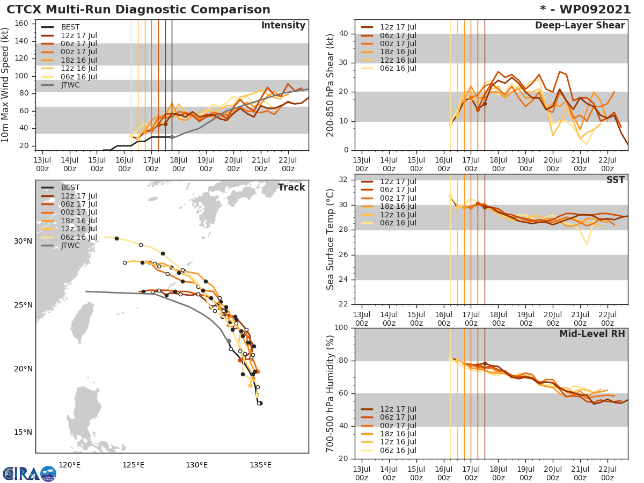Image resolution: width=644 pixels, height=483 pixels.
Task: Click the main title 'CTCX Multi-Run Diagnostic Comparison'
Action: pos(138,10)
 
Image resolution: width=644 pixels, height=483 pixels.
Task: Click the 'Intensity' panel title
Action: pos(283,26)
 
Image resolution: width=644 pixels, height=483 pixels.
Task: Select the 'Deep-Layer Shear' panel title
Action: pos(580,26)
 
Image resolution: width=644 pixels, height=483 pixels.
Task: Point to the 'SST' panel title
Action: pos(616,180)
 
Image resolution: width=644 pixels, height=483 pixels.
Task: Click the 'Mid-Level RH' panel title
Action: pos(592,334)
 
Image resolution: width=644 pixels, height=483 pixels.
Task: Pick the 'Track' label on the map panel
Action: pos(291,188)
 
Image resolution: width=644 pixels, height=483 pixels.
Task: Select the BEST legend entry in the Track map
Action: pos(70,188)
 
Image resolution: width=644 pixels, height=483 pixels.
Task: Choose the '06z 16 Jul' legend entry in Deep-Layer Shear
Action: pos(398,68)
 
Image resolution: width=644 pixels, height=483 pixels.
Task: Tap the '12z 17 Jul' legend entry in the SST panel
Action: pos(398,181)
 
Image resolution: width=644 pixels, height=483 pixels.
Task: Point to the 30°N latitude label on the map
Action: pos(23,241)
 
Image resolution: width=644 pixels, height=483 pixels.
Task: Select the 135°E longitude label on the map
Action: pos(260,465)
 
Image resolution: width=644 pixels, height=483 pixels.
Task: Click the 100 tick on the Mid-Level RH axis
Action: pos(341,328)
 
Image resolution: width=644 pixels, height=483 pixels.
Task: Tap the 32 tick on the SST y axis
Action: pos(343,180)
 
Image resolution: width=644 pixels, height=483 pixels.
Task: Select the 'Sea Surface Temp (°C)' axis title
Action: pos(331,239)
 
